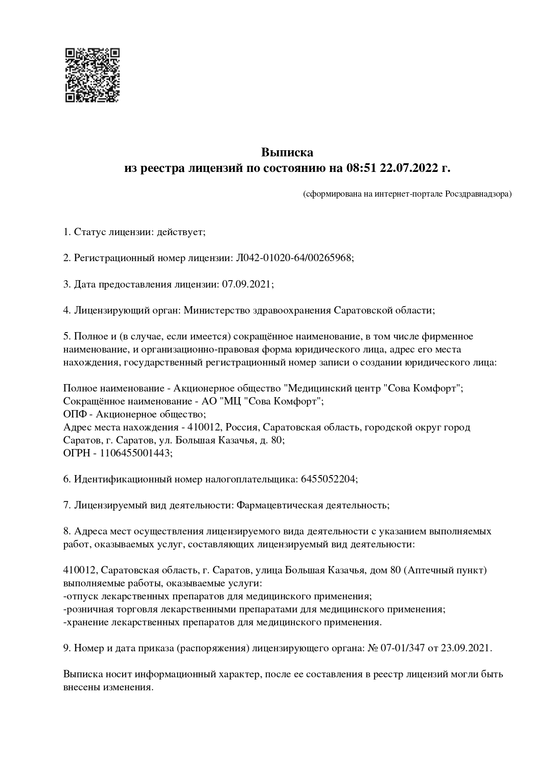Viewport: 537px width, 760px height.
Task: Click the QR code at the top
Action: (92, 75)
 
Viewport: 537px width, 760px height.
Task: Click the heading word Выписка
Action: (287, 152)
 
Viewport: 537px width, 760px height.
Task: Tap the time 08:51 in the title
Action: (361, 168)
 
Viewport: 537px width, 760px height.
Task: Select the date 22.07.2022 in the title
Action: (409, 168)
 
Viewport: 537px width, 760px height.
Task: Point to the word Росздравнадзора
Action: (477, 194)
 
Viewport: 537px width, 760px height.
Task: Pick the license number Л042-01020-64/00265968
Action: (294, 258)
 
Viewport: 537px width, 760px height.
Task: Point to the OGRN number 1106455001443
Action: (135, 453)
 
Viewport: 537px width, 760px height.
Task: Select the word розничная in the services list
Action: (89, 609)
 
